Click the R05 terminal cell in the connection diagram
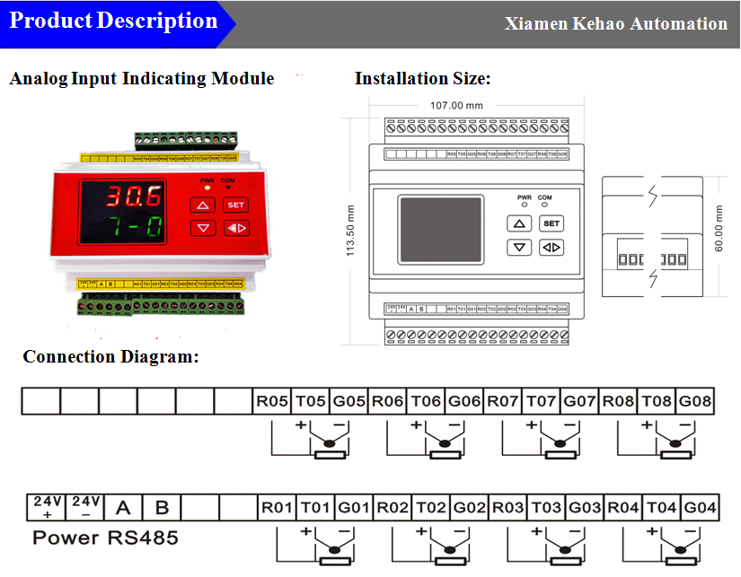[x=272, y=401]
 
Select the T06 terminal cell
[x=426, y=401]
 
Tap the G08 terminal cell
[x=695, y=401]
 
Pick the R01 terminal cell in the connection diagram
[x=278, y=508]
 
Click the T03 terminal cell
[x=546, y=508]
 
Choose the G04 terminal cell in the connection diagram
[x=701, y=508]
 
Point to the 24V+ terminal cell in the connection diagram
[x=47, y=507]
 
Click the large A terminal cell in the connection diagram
[x=123, y=508]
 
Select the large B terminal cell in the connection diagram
[x=162, y=508]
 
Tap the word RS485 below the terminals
[x=143, y=538]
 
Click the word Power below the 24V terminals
[x=66, y=538]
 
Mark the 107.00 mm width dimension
[x=456, y=105]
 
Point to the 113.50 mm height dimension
[x=351, y=230]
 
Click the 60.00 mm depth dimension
[x=719, y=229]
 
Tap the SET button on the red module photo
[x=235, y=205]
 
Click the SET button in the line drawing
[x=551, y=223]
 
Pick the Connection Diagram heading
[x=110, y=357]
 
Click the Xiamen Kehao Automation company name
[x=616, y=24]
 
